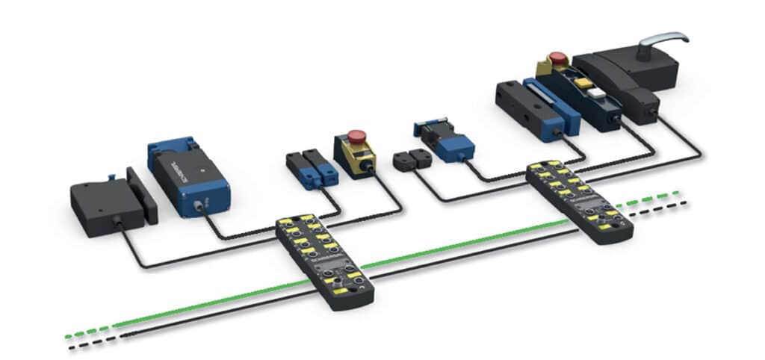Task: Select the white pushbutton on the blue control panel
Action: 597,93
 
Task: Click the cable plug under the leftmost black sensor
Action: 118,223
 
